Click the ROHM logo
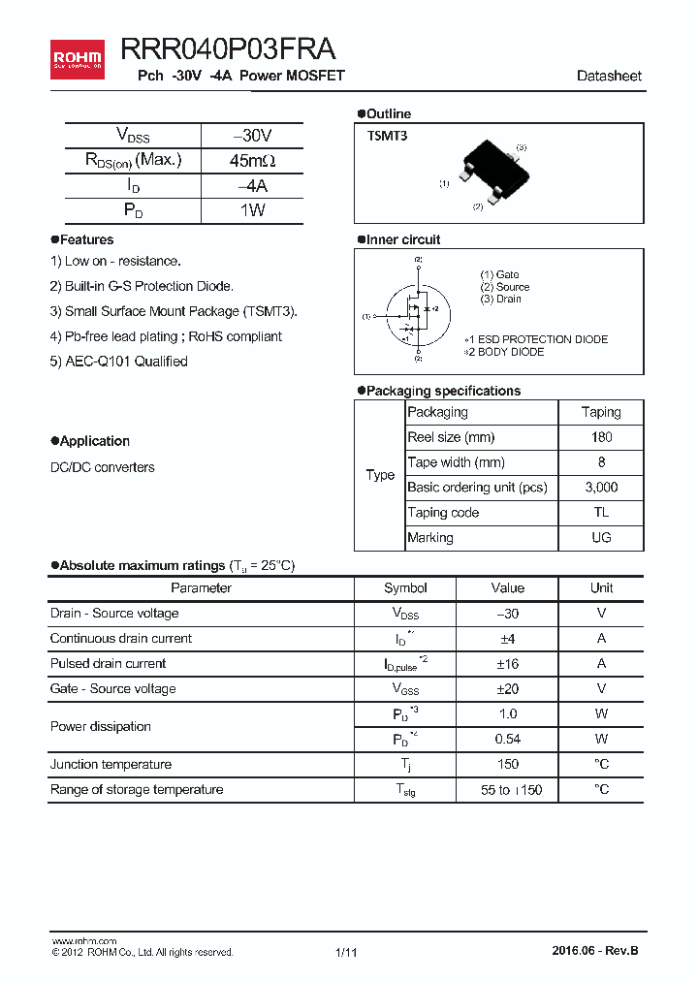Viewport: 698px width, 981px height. pyautogui.click(x=77, y=58)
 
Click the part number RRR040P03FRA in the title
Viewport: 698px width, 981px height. pyautogui.click(x=229, y=50)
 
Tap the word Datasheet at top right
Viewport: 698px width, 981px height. pyautogui.click(x=609, y=76)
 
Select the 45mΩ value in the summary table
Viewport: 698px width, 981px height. pyautogui.click(x=252, y=160)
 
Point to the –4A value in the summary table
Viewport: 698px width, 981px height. pyautogui.click(x=252, y=185)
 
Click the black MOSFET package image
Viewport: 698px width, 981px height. pyautogui.click(x=494, y=171)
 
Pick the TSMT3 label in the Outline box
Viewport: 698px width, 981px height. pyautogui.click(x=387, y=137)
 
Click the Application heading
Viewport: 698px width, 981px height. pyautogui.click(x=94, y=441)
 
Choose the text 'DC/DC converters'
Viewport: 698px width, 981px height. pyautogui.click(x=102, y=467)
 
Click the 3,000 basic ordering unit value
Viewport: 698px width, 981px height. pyautogui.click(x=601, y=488)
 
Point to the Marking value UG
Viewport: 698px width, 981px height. pyautogui.click(x=601, y=538)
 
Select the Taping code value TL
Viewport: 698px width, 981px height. pyautogui.click(x=601, y=513)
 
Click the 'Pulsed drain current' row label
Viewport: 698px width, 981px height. pyautogui.click(x=108, y=664)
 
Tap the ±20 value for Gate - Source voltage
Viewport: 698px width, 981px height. pyautogui.click(x=507, y=689)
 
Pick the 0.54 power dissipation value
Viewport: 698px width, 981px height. pyautogui.click(x=507, y=740)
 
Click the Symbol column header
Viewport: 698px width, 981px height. pyautogui.click(x=405, y=588)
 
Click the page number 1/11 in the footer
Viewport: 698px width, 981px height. pyautogui.click(x=346, y=953)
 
